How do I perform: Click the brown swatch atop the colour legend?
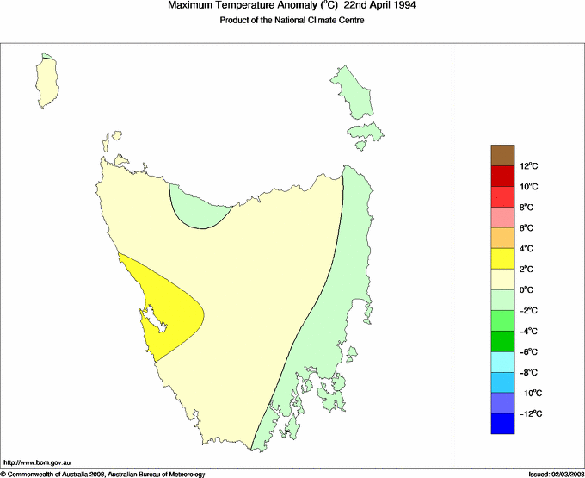point(503,155)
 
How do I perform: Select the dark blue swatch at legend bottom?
point(503,424)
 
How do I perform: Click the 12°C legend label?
point(528,166)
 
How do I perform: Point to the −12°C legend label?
point(528,414)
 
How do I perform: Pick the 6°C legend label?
point(528,228)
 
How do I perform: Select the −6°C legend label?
point(528,352)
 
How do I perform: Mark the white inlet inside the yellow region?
point(155,323)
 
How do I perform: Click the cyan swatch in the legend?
point(503,362)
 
